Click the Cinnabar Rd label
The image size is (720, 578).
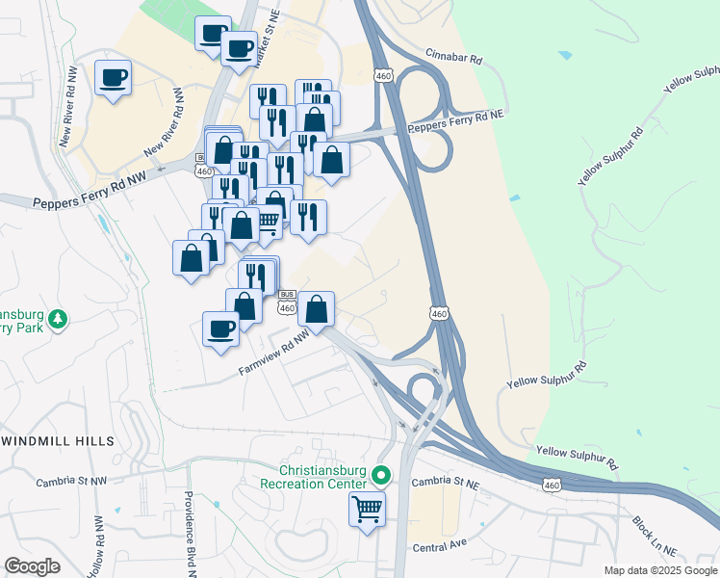(x=454, y=59)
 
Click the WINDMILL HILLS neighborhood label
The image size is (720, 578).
(x=58, y=441)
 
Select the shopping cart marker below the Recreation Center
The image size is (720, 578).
(x=367, y=508)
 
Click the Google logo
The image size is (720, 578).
(x=33, y=566)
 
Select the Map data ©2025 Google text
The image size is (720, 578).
(x=659, y=570)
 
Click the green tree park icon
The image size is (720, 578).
(x=58, y=319)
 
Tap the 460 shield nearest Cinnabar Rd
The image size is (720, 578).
(x=384, y=74)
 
